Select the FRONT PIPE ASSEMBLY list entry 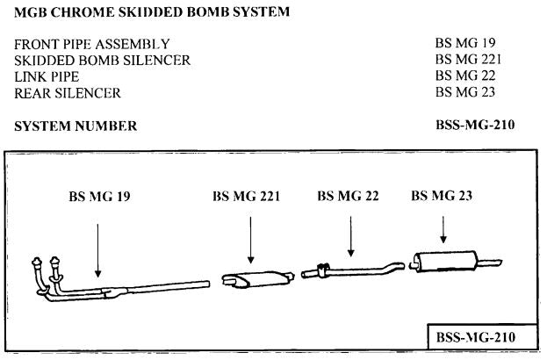coord(92,44)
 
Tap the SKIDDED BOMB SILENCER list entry coord(102,60)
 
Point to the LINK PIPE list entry coord(48,76)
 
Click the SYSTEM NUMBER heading coord(76,126)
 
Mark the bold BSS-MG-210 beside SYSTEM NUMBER coord(473,126)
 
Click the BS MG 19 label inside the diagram coord(99,196)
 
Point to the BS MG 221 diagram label coord(246,196)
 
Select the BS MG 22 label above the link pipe coord(348,196)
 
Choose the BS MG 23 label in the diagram coord(442,196)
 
